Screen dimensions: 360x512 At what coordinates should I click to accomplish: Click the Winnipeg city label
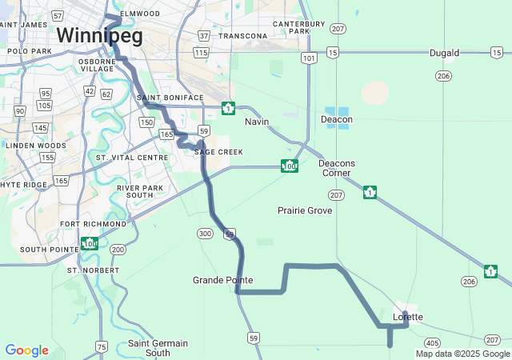[x=99, y=35]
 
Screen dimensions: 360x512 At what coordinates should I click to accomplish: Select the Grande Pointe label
[x=222, y=280]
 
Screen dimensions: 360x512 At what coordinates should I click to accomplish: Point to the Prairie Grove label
[x=304, y=210]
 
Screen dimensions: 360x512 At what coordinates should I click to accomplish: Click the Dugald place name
[x=444, y=53]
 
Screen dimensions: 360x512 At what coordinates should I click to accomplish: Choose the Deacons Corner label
[x=337, y=168]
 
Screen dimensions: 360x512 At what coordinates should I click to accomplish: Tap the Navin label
[x=257, y=122]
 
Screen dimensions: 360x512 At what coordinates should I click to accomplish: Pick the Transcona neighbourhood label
[x=242, y=36]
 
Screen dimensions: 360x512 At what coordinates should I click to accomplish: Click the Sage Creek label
[x=218, y=151]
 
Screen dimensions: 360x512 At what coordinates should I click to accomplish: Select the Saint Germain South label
[x=158, y=348]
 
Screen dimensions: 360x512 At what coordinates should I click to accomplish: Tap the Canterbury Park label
[x=290, y=27]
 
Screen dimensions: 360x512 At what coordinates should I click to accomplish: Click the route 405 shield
[x=433, y=342]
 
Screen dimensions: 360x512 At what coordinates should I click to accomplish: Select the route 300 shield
[x=206, y=233]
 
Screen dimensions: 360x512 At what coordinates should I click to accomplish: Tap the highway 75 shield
[x=101, y=346]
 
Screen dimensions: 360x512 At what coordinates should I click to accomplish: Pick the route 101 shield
[x=309, y=58]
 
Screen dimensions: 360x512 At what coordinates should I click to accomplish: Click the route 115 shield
[x=200, y=53]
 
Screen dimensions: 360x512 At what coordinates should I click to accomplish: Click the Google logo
[x=26, y=350]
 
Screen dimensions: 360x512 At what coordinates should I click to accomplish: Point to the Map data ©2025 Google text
[x=462, y=354]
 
